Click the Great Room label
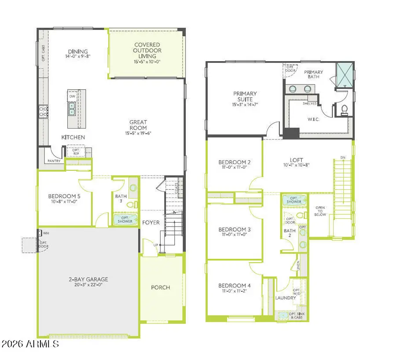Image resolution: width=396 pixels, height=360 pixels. (x=138, y=122)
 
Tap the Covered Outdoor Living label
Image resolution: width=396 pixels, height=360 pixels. (x=147, y=51)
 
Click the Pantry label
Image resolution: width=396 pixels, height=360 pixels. (x=54, y=161)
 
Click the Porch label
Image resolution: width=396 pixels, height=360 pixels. (x=160, y=287)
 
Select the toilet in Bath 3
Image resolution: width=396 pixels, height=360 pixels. (x=131, y=205)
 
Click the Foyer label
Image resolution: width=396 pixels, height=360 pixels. (x=151, y=223)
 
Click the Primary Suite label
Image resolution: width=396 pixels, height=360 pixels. (x=245, y=96)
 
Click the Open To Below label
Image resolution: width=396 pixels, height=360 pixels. (x=320, y=211)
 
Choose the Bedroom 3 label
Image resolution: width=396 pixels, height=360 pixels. (x=235, y=229)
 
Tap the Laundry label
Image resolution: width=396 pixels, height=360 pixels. (x=285, y=298)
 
